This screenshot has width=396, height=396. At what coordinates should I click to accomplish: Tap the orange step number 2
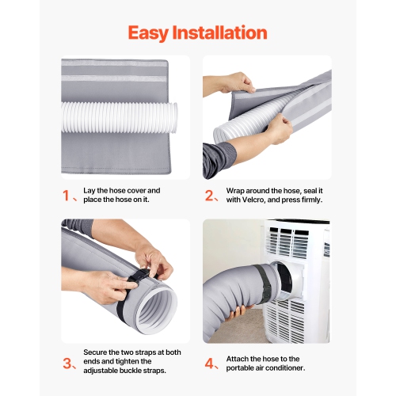pyautogui.click(x=209, y=196)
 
